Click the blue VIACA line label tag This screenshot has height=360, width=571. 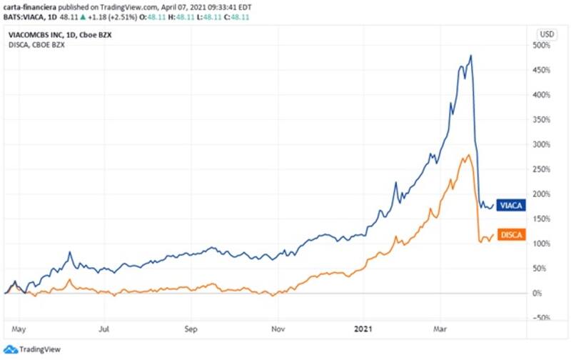[x=510, y=205]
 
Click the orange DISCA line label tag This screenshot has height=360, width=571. [x=510, y=234]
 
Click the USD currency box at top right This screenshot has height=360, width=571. [x=547, y=34]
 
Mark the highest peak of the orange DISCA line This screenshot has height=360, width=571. [x=468, y=154]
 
